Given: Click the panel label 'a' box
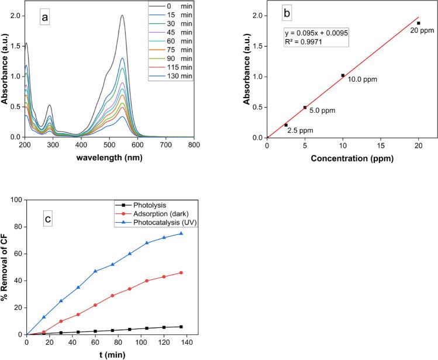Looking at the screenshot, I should click(44, 18).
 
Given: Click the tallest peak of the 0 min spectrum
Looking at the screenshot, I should click(122, 16).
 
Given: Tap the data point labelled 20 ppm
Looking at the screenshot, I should click(419, 23).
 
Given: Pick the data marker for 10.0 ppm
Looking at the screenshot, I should click(343, 75).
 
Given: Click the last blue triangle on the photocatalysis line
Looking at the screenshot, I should click(181, 233).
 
